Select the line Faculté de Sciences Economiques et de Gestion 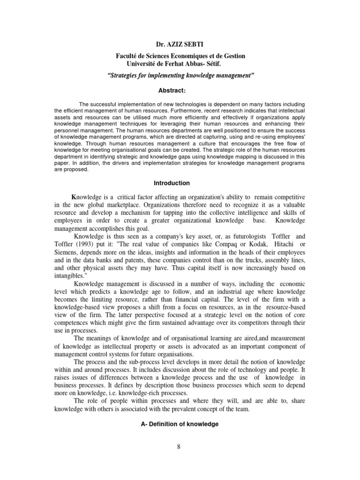180,56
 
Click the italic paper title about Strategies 180,75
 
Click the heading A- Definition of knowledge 180,424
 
